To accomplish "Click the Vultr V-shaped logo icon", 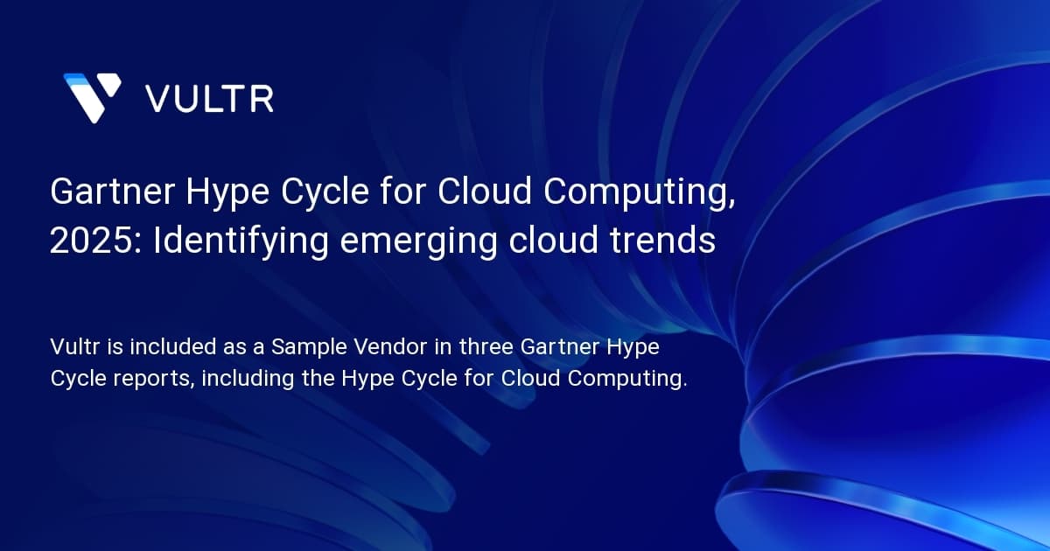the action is click(93, 97).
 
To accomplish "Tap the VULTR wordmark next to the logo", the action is click(209, 99).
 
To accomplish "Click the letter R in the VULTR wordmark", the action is click(262, 99).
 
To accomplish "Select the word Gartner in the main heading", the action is click(113, 192).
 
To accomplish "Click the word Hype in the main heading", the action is click(227, 193).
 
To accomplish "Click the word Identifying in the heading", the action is click(241, 241).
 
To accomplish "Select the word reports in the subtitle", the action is click(154, 379).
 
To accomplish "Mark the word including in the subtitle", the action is click(248, 379).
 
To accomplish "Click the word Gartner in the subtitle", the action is click(560, 346).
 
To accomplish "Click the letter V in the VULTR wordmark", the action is click(159, 99).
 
